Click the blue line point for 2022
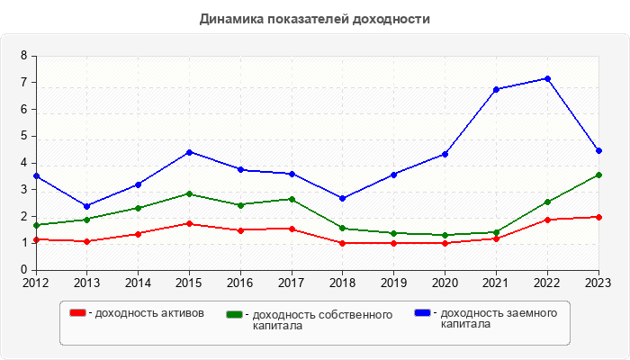pyautogui.click(x=547, y=78)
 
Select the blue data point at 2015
pyautogui.click(x=189, y=152)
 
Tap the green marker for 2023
pyautogui.click(x=598, y=175)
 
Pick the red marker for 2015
pyautogui.click(x=189, y=223)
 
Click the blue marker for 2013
pyautogui.click(x=87, y=206)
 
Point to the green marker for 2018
pyautogui.click(x=343, y=228)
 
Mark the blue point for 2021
pyautogui.click(x=496, y=89)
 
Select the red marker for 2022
pyautogui.click(x=547, y=220)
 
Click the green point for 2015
pyautogui.click(x=189, y=193)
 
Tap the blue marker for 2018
pyautogui.click(x=343, y=198)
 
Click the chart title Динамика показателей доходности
pyautogui.click(x=314, y=19)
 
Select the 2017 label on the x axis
pyautogui.click(x=292, y=283)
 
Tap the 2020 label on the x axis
pyautogui.click(x=445, y=283)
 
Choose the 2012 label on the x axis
pyautogui.click(x=36, y=283)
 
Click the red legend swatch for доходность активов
pyautogui.click(x=78, y=313)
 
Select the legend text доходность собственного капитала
pyautogui.click(x=322, y=320)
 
